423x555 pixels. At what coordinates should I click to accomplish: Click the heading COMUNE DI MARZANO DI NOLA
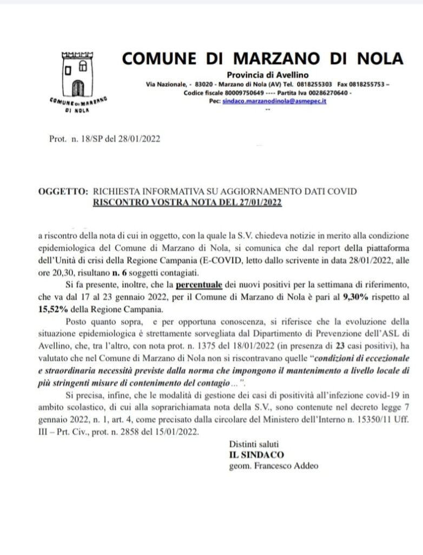coord(262,58)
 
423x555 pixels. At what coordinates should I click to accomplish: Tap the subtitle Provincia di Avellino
coord(268,75)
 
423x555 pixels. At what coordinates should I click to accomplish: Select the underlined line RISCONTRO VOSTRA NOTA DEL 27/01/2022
coord(188,203)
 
